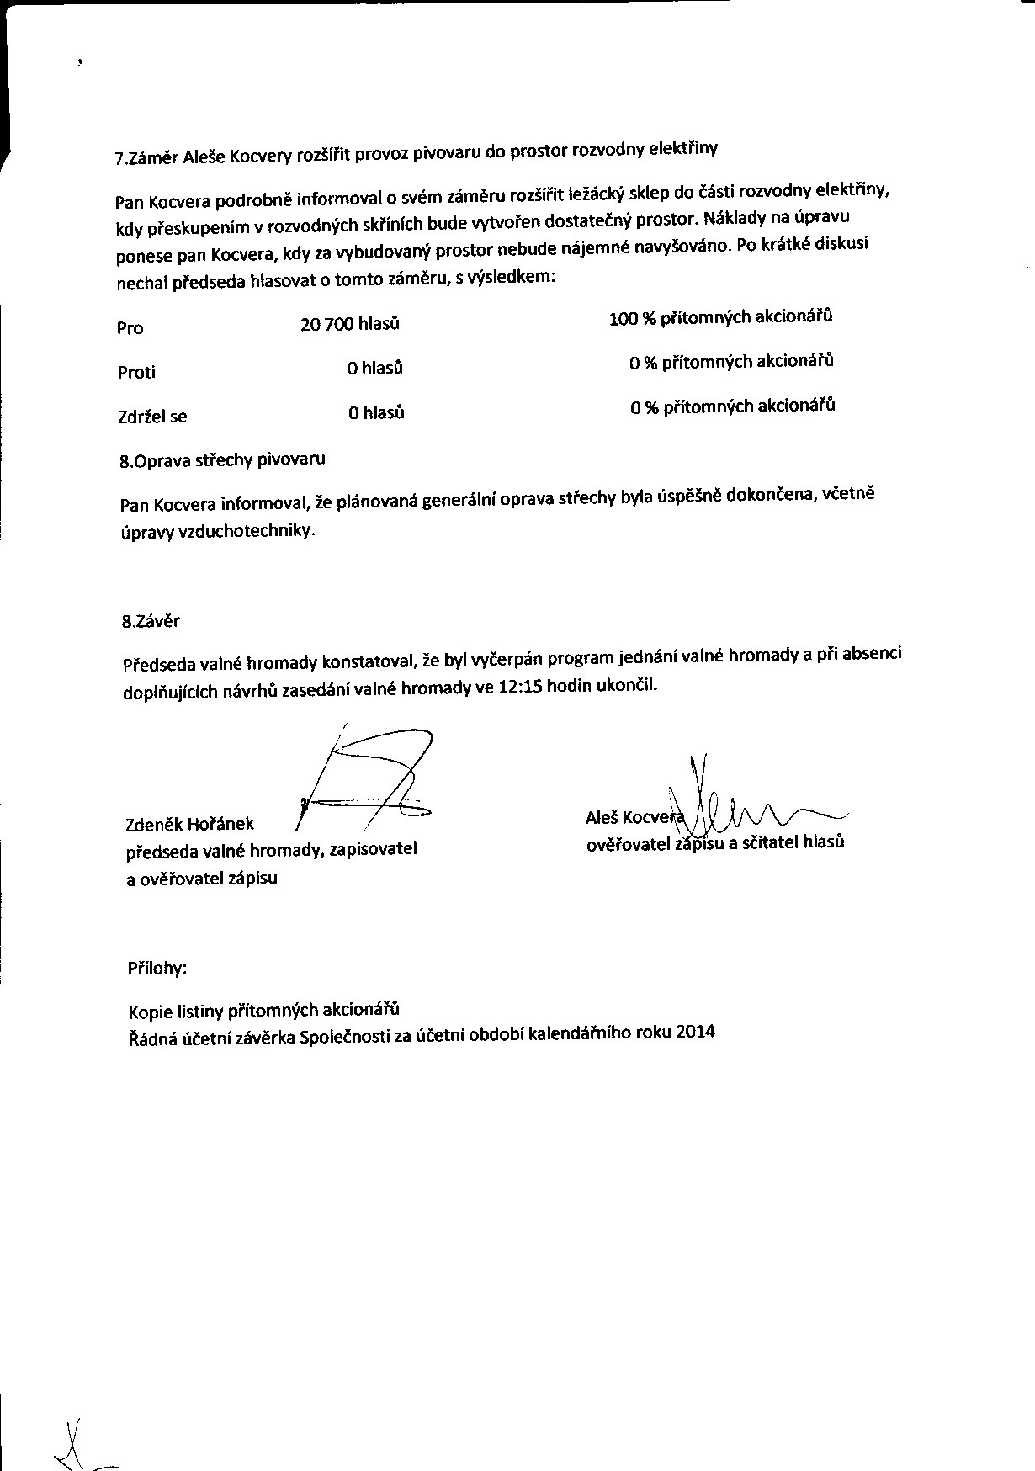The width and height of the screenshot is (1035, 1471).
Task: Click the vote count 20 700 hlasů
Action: (349, 324)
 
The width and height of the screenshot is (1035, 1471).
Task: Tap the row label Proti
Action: (136, 372)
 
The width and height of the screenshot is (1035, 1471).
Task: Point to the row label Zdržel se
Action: (152, 416)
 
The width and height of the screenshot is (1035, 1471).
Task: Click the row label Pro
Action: (130, 328)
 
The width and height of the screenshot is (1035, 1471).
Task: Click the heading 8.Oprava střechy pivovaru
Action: (223, 460)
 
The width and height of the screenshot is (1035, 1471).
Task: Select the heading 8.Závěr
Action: (151, 622)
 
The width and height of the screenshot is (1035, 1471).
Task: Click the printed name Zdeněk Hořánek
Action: (189, 824)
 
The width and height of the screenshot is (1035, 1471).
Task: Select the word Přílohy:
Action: (157, 968)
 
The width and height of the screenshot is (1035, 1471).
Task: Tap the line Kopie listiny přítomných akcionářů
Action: (263, 1010)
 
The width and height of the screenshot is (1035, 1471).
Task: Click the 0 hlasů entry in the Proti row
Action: (375, 369)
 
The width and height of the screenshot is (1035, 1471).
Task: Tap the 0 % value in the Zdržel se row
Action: (645, 407)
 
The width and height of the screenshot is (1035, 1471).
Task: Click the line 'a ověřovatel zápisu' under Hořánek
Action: (201, 879)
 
